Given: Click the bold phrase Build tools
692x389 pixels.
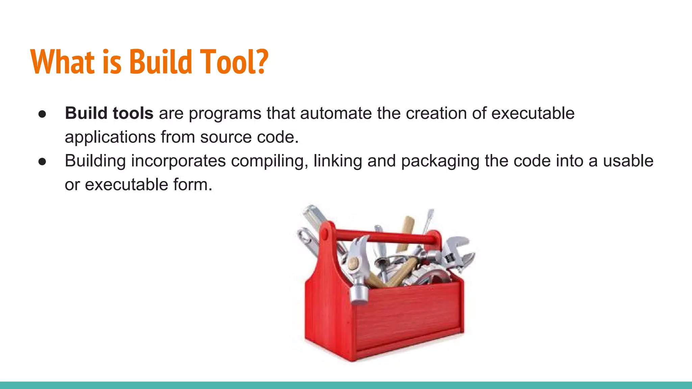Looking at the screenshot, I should pos(109,113).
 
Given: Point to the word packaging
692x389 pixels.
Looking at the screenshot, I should pos(440,161).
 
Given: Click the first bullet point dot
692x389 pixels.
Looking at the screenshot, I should pos(42,114).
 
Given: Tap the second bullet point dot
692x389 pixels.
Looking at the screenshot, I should pos(42,161).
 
